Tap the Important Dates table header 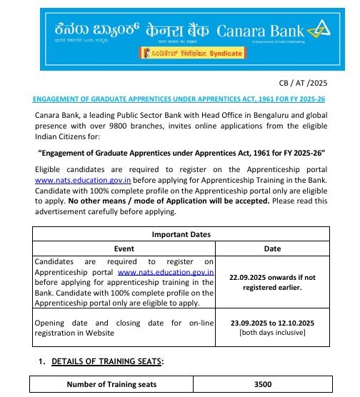point(181,234)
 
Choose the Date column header point(272,248)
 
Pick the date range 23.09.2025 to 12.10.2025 point(272,322)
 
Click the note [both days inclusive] point(272,332)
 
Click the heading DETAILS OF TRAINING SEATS point(107,361)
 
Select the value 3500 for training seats point(263,384)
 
